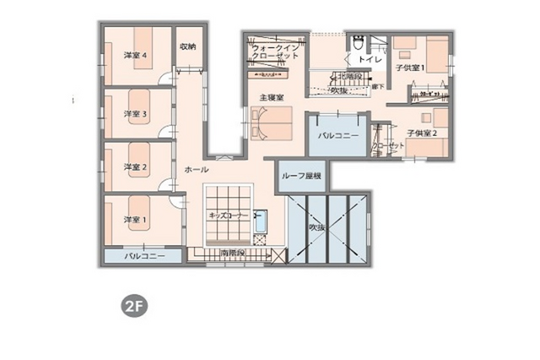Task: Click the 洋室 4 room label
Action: point(136,56)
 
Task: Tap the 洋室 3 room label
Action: point(136,113)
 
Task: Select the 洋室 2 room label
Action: point(136,166)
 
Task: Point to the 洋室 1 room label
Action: point(136,220)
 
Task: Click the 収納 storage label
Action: point(187,46)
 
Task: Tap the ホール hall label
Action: point(197,169)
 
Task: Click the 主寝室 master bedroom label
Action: point(271,99)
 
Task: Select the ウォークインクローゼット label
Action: point(276,51)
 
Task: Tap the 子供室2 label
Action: point(421,133)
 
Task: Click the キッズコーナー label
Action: point(229,216)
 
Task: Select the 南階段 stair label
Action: point(232,252)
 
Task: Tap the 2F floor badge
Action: point(132,305)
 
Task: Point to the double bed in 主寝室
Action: point(271,126)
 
